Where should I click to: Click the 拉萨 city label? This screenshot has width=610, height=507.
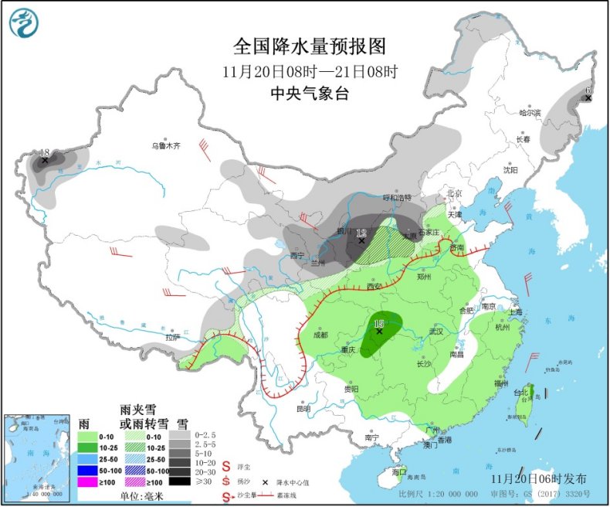(x=172, y=337)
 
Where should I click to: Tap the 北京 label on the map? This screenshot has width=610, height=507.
(x=453, y=193)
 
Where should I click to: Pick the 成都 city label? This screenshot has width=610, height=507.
(x=320, y=335)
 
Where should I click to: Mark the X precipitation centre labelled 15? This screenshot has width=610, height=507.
(x=379, y=331)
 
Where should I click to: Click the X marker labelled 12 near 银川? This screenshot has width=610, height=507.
(x=361, y=241)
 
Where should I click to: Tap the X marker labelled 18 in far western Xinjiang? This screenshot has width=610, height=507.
(x=45, y=161)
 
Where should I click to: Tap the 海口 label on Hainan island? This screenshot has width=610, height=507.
(x=398, y=471)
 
